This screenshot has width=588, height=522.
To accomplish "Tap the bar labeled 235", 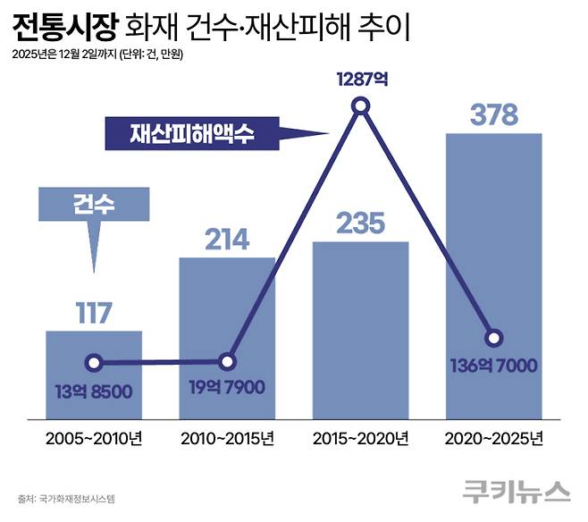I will (360, 331).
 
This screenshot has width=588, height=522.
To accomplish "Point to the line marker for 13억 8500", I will (93, 364).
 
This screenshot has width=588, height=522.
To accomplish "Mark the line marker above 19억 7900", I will (227, 362).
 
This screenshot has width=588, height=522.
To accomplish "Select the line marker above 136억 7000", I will (493, 338).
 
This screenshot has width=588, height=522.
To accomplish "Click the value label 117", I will (93, 314).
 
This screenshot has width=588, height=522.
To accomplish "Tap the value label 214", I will (227, 240).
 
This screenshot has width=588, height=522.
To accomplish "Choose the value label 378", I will (493, 114).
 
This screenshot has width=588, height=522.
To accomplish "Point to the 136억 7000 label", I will (493, 366).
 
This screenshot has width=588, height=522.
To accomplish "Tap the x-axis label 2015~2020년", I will (360, 439).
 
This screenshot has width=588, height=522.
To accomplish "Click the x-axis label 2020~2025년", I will (493, 439).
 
